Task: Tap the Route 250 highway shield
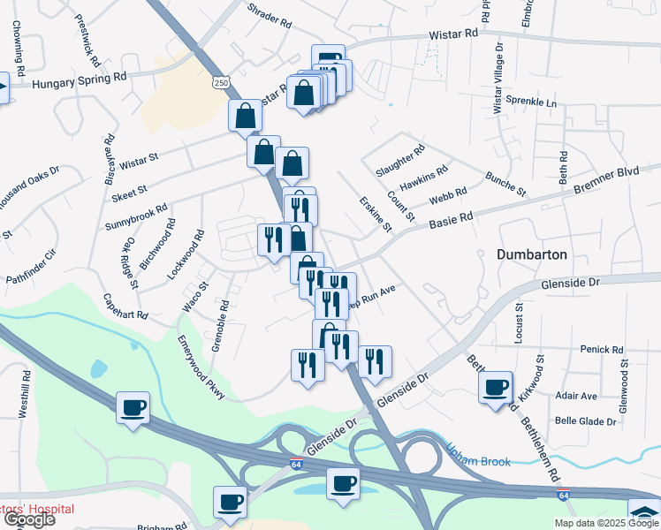(x=219, y=81)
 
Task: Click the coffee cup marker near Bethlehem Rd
(x=496, y=386)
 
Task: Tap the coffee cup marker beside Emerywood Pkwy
(x=133, y=407)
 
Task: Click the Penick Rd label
(x=602, y=350)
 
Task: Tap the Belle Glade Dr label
(x=585, y=421)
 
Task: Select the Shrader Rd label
(x=270, y=17)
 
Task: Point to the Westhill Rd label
(x=25, y=393)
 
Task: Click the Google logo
(x=29, y=519)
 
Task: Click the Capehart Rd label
(x=125, y=306)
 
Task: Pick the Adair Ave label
(x=577, y=396)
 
